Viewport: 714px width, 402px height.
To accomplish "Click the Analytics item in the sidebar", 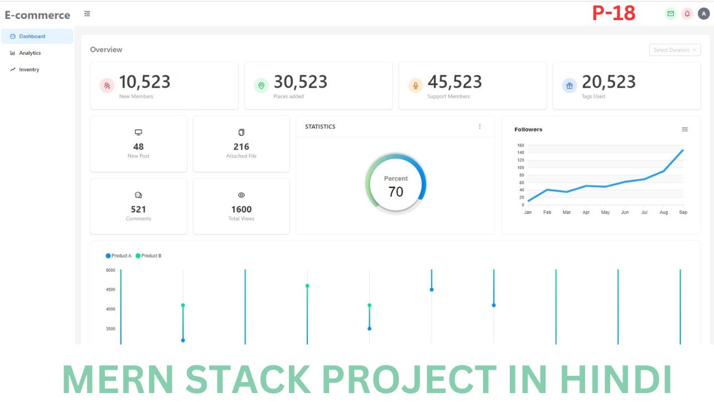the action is click(26, 53).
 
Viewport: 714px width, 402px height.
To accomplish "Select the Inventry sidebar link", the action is click(25, 70).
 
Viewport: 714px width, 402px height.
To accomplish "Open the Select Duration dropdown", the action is click(675, 50).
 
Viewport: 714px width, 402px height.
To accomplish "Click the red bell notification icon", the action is click(687, 14).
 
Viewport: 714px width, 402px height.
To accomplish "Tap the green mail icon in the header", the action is click(670, 14).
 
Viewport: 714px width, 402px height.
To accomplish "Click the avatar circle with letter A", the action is click(704, 14).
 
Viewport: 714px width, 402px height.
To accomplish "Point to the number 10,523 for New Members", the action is click(144, 82).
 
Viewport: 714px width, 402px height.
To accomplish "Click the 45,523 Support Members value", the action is click(455, 82).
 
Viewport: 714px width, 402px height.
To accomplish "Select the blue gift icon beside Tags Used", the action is click(570, 85).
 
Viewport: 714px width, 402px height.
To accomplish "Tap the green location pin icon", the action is click(262, 85).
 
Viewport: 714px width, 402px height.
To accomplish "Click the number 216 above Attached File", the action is click(242, 147).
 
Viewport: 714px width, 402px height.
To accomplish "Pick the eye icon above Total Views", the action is click(242, 195).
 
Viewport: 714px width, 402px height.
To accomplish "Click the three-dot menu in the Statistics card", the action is click(480, 127).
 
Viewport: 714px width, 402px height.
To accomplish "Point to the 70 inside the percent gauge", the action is click(396, 192).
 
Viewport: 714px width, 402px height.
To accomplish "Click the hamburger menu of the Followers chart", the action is click(684, 129).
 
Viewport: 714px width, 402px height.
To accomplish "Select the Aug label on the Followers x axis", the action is click(664, 212).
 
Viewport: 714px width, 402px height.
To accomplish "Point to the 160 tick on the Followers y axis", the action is click(520, 145).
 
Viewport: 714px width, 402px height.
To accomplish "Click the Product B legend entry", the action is click(148, 256).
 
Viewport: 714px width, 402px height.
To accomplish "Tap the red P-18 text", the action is click(614, 13).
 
